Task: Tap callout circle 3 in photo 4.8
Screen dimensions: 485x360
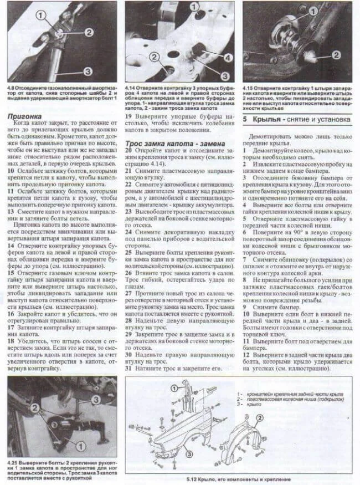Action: point(88,70)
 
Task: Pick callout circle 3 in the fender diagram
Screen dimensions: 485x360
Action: point(189,453)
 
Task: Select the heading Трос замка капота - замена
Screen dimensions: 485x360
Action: point(175,144)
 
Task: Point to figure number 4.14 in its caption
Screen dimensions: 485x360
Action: point(131,86)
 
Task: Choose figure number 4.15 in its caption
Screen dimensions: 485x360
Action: point(250,86)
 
